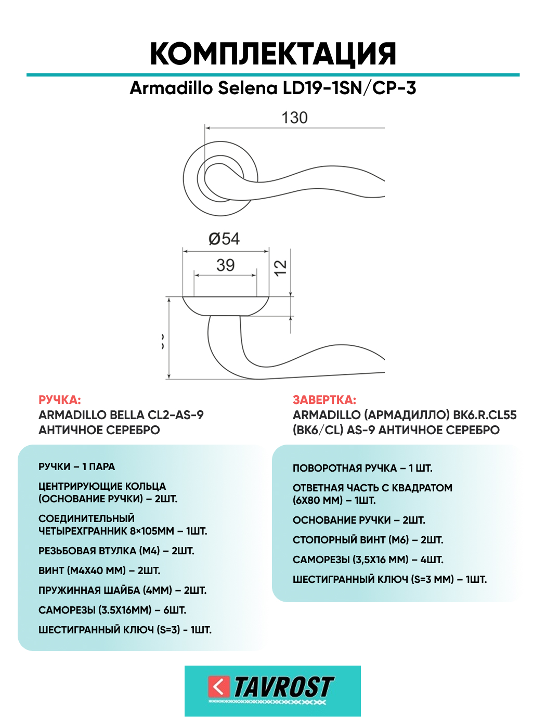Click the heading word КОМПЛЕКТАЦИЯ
[x=273, y=54]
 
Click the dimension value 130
[x=294, y=118]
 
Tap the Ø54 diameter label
[x=224, y=239]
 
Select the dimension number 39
[x=225, y=265]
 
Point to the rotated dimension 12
[x=280, y=268]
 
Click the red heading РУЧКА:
[x=60, y=400]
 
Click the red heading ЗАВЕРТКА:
[x=324, y=400]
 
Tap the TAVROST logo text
[x=283, y=687]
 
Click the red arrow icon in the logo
[x=218, y=687]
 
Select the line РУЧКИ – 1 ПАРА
[x=77, y=466]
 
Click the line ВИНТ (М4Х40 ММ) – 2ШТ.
[x=99, y=570]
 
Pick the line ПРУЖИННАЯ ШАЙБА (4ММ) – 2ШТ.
[x=122, y=590]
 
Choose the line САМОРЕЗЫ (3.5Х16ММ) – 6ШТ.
[x=112, y=610]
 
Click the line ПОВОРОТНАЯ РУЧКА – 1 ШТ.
[x=362, y=468]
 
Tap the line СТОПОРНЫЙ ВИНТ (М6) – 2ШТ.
[x=368, y=540]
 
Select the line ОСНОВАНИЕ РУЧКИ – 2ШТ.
[x=359, y=520]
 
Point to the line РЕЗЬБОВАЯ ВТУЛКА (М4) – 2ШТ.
[x=116, y=551]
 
